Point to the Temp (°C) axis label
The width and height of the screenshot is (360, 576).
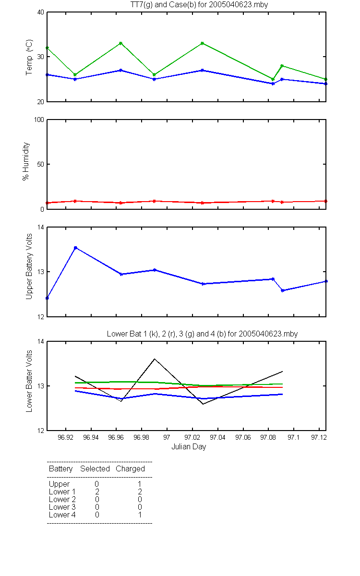[x=29, y=57]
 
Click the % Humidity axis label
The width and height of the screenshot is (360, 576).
[x=26, y=161]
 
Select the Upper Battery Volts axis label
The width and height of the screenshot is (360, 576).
[x=29, y=266]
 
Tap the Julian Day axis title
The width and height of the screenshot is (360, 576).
[x=189, y=447]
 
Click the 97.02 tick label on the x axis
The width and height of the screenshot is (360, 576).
[x=192, y=437]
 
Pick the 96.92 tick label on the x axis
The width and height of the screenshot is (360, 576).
[x=65, y=437]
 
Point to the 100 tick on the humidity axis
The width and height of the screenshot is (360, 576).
[x=39, y=120]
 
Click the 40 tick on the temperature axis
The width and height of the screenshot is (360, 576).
[x=41, y=12]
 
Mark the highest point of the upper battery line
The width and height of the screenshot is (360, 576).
[x=76, y=248]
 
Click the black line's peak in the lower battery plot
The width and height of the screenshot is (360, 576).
[x=155, y=359]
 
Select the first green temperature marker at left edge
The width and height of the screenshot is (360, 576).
[x=47, y=48]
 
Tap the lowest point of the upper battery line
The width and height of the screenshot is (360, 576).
[x=47, y=298]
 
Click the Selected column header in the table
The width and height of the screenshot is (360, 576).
[x=95, y=469]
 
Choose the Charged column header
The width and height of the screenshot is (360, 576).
[x=130, y=469]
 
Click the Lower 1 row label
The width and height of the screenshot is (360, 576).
[x=62, y=492]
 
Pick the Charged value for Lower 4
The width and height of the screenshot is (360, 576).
[x=140, y=515]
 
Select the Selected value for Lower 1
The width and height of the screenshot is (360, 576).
[x=97, y=492]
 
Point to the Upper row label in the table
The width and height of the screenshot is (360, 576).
[x=59, y=484]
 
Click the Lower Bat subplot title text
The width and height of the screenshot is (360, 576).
[x=202, y=334]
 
